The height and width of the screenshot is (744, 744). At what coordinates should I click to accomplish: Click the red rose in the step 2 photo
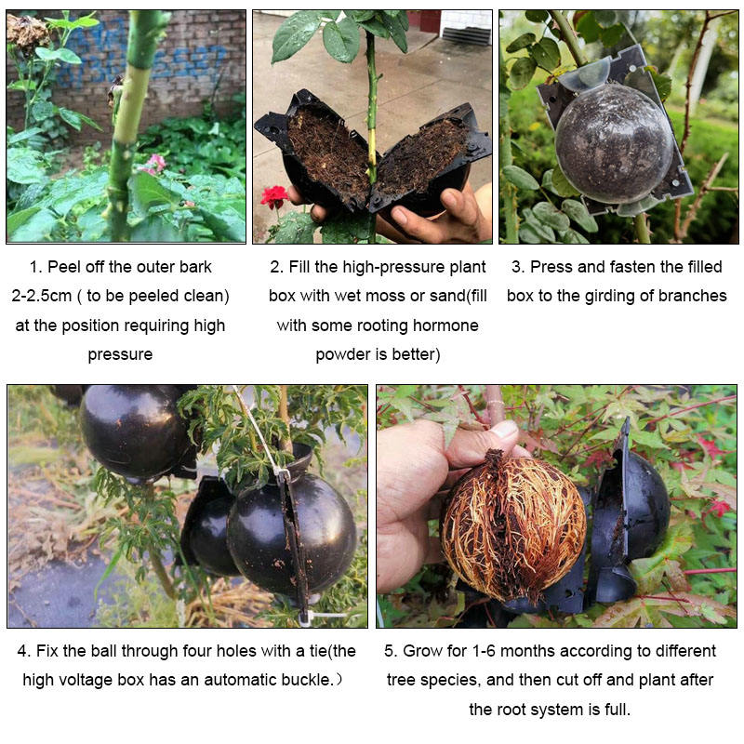point(274,196)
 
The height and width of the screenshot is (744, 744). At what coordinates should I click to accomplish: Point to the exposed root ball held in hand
point(514,525)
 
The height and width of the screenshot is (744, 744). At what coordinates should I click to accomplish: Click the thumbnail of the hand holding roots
point(556,506)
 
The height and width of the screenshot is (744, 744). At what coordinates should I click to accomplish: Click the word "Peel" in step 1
point(63,267)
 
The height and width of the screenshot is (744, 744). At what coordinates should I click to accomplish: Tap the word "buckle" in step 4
point(306,681)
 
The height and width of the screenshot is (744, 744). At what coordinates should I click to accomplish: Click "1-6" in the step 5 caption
point(484,651)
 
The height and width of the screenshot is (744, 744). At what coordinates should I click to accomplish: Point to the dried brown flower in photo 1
point(28,33)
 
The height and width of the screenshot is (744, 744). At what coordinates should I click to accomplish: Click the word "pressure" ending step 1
point(120,355)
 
